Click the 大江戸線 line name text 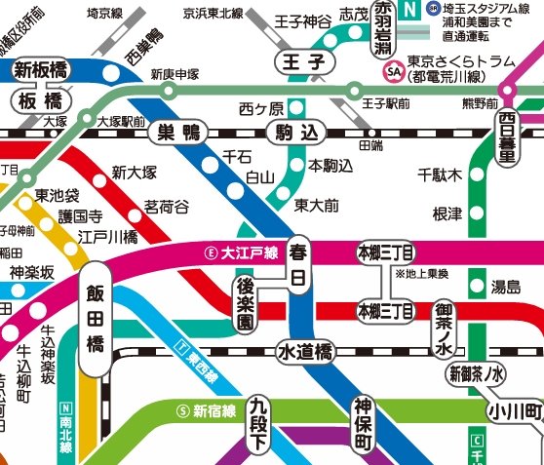tap(250, 252)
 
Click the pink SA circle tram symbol tap(394, 71)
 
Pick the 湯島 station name tap(505, 287)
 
